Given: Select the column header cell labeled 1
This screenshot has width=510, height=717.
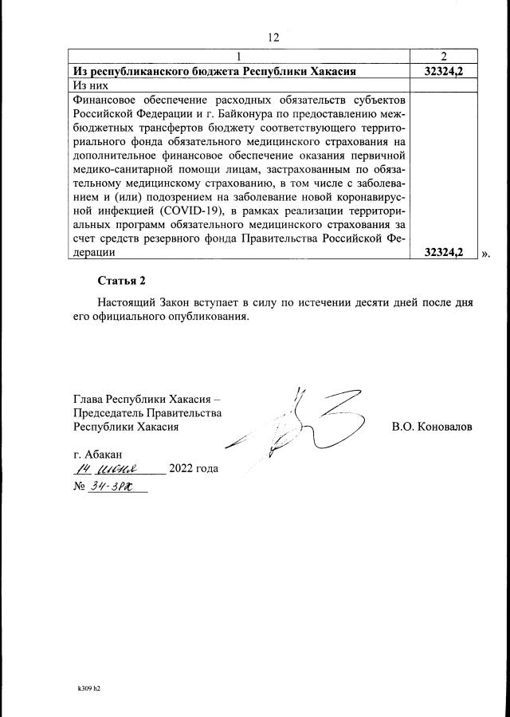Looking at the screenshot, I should (x=238, y=56).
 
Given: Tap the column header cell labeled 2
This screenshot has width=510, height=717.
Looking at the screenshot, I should (x=443, y=56).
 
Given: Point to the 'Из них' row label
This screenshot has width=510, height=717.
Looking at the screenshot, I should (x=89, y=85).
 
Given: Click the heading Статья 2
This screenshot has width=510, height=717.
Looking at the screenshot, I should (x=122, y=281).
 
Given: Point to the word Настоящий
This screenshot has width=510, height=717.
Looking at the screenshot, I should (x=127, y=303).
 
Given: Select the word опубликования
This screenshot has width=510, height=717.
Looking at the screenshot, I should (x=208, y=317).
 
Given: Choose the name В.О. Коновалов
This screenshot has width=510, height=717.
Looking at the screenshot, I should (x=432, y=427).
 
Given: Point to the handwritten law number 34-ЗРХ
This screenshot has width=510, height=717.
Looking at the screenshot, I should (x=112, y=485).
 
